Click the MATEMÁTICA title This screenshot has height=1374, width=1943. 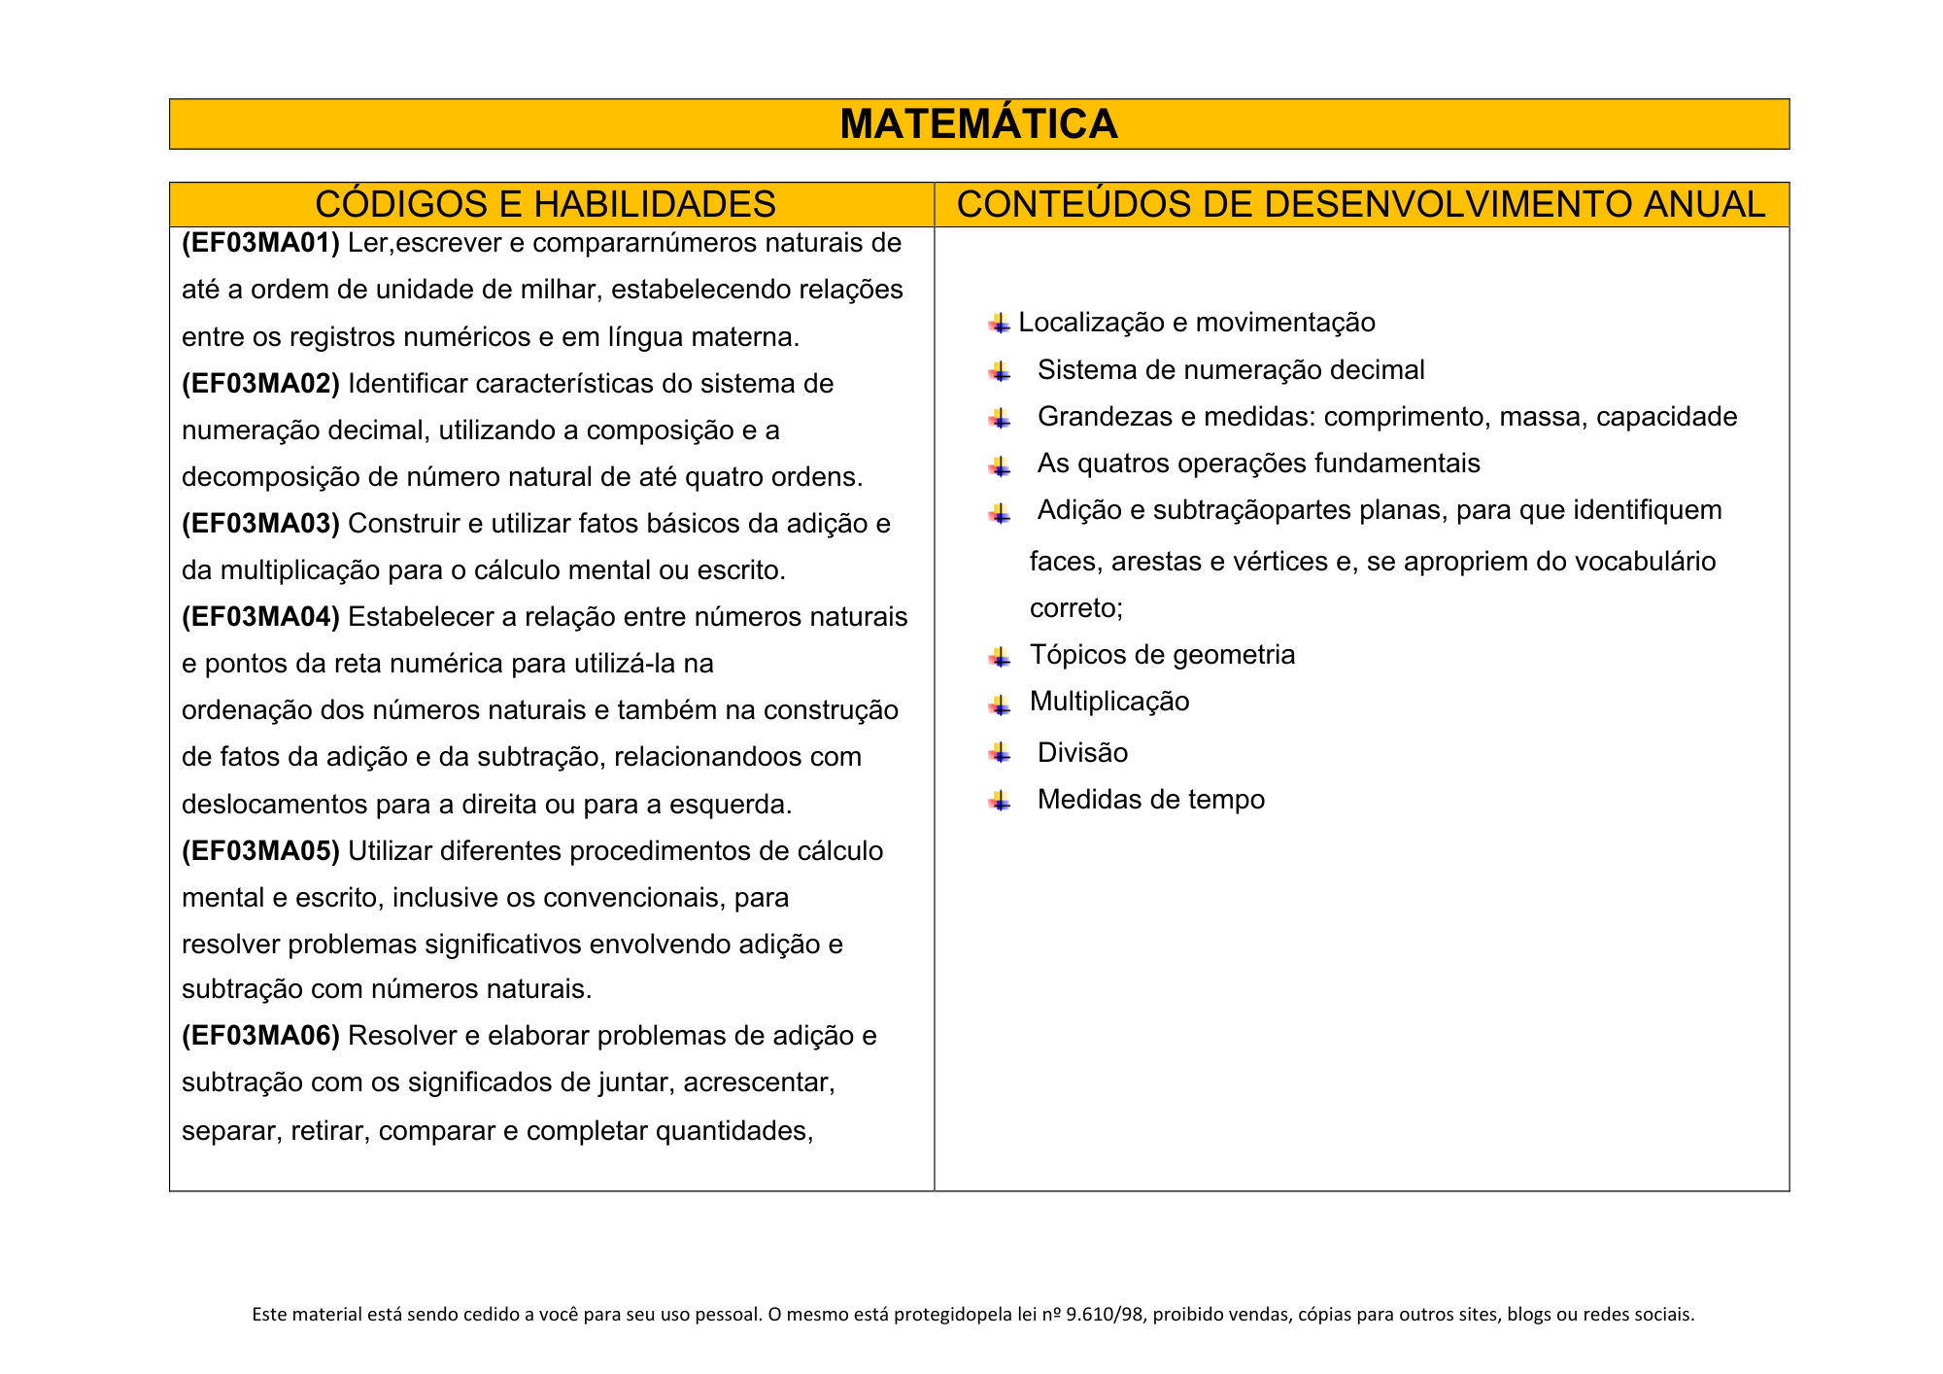click(x=978, y=124)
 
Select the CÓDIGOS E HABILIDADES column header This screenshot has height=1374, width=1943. click(x=545, y=204)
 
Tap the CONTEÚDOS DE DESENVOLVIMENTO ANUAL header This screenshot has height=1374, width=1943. click(x=1360, y=204)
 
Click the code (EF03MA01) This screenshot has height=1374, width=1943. click(x=260, y=243)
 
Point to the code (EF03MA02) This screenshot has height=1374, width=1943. click(x=260, y=384)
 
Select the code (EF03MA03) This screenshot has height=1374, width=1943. click(x=260, y=524)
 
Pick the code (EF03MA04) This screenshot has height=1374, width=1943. click(x=260, y=617)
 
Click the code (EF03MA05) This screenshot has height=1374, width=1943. click(x=260, y=851)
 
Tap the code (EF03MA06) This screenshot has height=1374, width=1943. click(x=260, y=1036)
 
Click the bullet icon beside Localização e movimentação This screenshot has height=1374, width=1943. click(x=1000, y=324)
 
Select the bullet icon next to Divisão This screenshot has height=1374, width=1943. click(x=1000, y=753)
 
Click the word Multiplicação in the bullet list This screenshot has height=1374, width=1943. click(x=1108, y=702)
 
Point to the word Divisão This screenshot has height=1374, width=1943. click(x=1082, y=753)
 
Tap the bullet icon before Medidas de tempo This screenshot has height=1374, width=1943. click(x=1000, y=801)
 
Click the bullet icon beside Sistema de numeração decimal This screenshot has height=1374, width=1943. click(x=1000, y=371)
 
